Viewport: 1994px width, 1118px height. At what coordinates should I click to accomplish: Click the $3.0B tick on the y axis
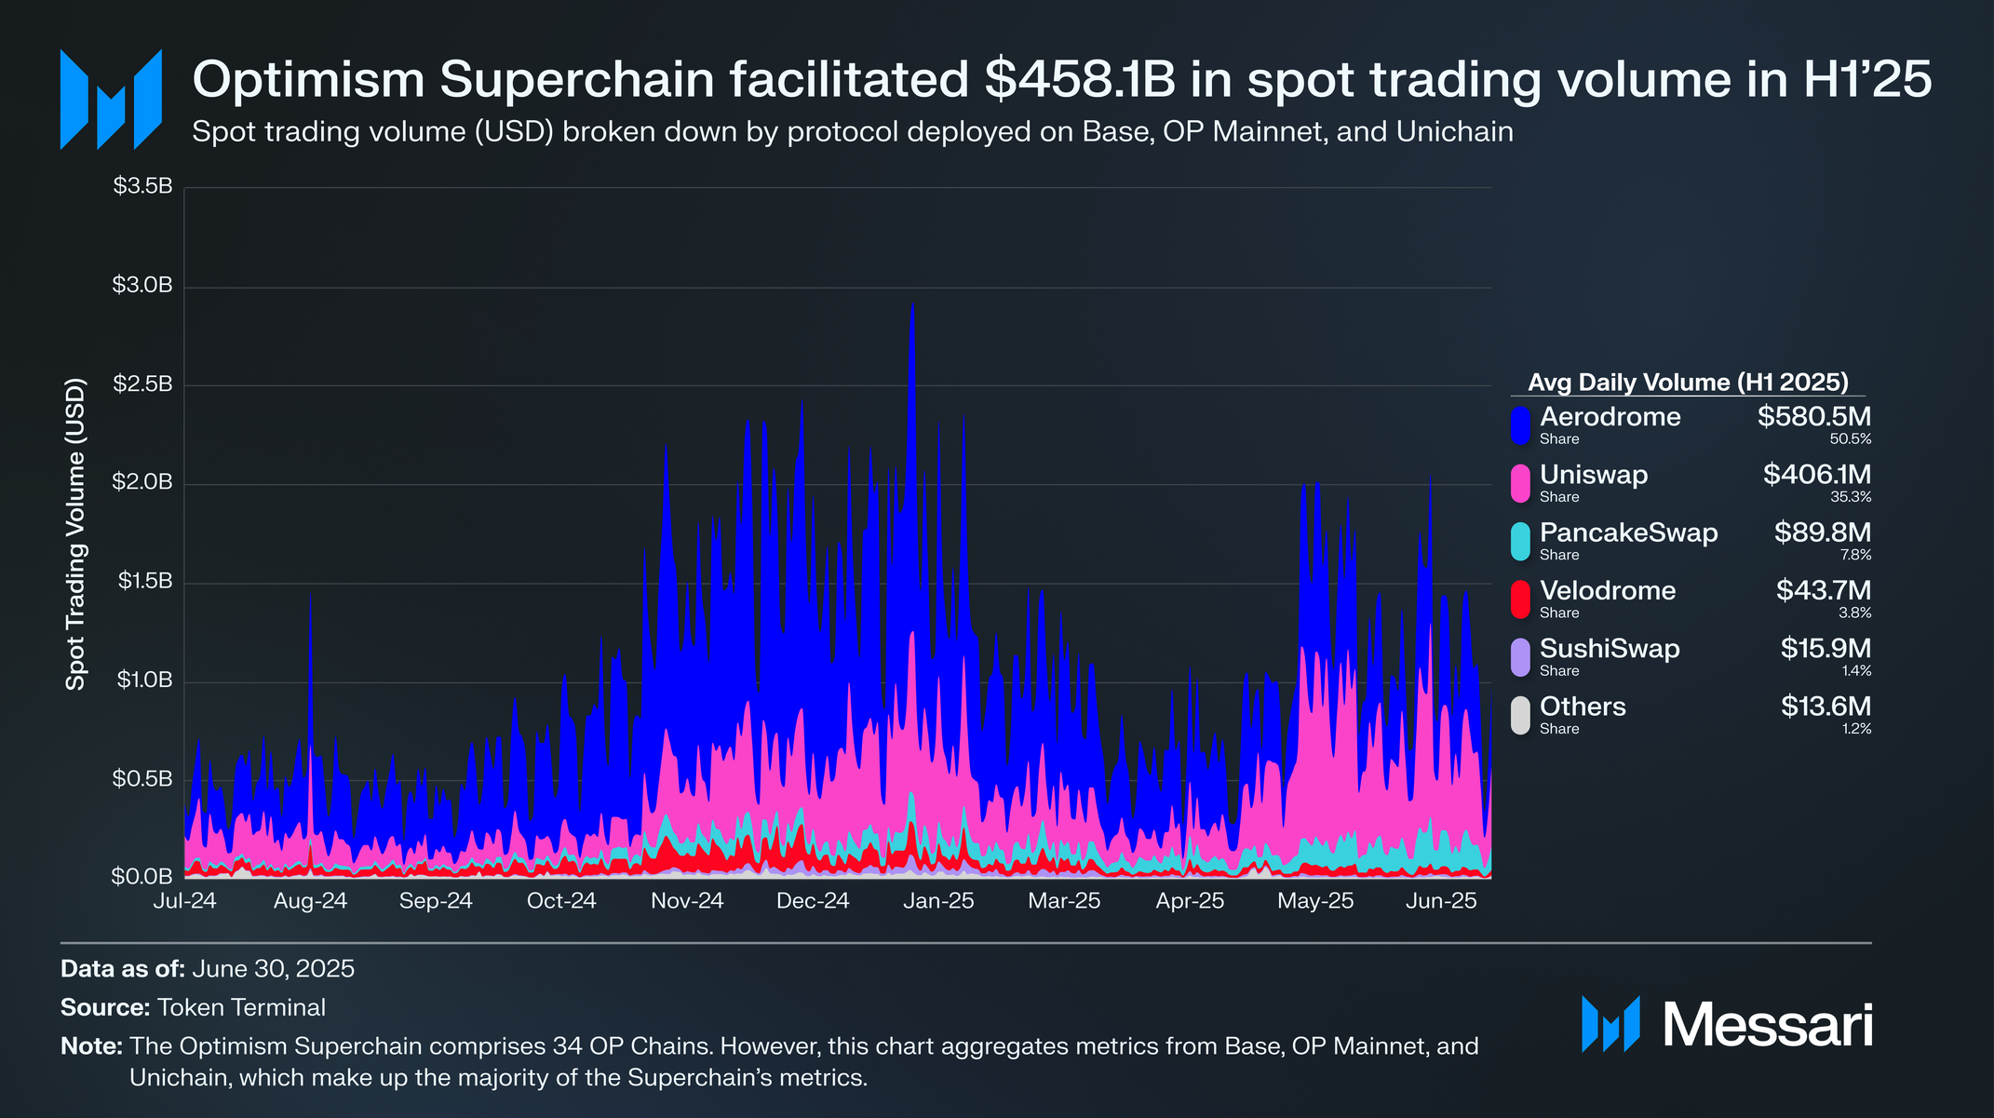(142, 285)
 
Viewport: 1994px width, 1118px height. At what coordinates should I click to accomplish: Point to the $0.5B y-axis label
(142, 778)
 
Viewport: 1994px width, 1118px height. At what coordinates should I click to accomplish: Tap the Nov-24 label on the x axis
(687, 901)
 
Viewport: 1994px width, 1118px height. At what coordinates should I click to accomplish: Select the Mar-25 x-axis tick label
(1064, 901)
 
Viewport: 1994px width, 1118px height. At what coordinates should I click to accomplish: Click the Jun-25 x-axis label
(1441, 901)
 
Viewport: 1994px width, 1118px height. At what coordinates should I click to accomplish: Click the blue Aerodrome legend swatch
(1520, 424)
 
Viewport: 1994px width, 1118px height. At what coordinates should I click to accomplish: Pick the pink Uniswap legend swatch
(1520, 483)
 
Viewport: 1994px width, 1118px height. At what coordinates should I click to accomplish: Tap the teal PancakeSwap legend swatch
(1520, 541)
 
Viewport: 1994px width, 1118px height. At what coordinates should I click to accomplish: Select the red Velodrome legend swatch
(1520, 599)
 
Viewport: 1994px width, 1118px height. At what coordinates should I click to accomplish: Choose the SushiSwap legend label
(1610, 648)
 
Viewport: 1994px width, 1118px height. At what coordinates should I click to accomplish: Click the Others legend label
(1583, 707)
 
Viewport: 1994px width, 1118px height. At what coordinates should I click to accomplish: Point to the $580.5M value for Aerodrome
(1813, 416)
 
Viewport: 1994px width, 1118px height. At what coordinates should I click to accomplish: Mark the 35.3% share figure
(1851, 497)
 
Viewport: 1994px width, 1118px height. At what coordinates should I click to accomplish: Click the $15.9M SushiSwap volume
(1826, 648)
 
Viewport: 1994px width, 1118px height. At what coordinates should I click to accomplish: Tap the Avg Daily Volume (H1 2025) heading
(1688, 382)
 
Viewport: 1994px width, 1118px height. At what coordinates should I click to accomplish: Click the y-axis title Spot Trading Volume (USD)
(75, 533)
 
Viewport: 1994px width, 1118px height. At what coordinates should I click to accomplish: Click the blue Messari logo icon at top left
(111, 99)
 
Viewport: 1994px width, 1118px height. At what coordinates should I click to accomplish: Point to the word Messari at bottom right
(1767, 1025)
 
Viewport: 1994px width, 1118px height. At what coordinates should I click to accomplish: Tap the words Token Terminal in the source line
(241, 1007)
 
